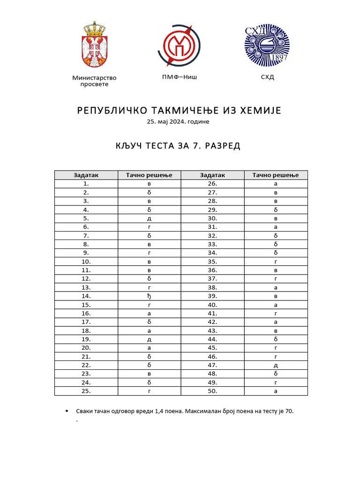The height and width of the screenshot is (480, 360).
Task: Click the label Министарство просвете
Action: coord(94,81)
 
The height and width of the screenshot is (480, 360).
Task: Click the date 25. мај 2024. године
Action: coord(178,122)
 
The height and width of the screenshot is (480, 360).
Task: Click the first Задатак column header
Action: coord(86,175)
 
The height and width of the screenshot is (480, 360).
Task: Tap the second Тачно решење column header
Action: coord(276,175)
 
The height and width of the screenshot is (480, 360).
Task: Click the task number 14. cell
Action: coord(86,296)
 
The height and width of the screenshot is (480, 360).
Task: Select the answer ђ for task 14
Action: coord(149,296)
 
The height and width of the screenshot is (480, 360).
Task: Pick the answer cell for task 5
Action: coord(149,218)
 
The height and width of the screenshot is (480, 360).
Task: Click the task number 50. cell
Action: coord(212,391)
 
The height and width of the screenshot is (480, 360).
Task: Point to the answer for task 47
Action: coord(276,365)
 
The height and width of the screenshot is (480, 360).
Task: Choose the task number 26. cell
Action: coord(212,184)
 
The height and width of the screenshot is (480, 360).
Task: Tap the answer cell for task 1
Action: coord(149,184)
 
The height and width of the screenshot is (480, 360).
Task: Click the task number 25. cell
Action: coord(86,391)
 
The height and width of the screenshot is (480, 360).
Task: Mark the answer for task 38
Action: coord(276,287)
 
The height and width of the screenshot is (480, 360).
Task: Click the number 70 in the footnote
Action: coord(289,411)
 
